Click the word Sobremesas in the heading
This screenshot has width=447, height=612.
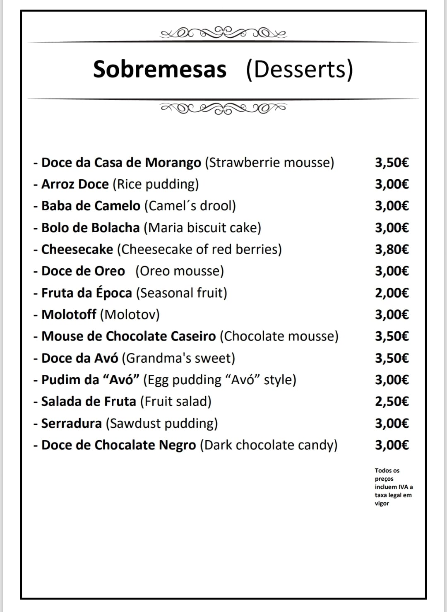tap(160, 69)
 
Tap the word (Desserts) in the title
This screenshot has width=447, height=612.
tap(299, 69)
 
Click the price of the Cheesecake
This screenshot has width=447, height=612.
tap(392, 249)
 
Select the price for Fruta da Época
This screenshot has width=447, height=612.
tap(392, 293)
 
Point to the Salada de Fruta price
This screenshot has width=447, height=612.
tap(392, 401)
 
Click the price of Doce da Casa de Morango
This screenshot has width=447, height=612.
tap(392, 162)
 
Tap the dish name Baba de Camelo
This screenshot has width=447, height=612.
tap(91, 206)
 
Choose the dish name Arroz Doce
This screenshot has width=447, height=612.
tap(75, 184)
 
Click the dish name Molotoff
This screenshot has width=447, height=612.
tap(69, 315)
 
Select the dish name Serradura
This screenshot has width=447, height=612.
tap(72, 423)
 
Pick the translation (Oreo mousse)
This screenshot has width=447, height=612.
tap(180, 271)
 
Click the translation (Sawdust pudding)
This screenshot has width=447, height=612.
tap(162, 423)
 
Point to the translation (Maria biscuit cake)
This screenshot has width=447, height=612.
tap(202, 228)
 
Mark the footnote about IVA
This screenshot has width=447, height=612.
tap(393, 487)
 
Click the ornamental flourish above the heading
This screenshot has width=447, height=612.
tap(223, 32)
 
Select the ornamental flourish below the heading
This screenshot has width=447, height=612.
tap(223, 108)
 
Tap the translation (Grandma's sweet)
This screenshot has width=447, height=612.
tap(178, 358)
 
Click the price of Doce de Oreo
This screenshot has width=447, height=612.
tap(392, 271)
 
